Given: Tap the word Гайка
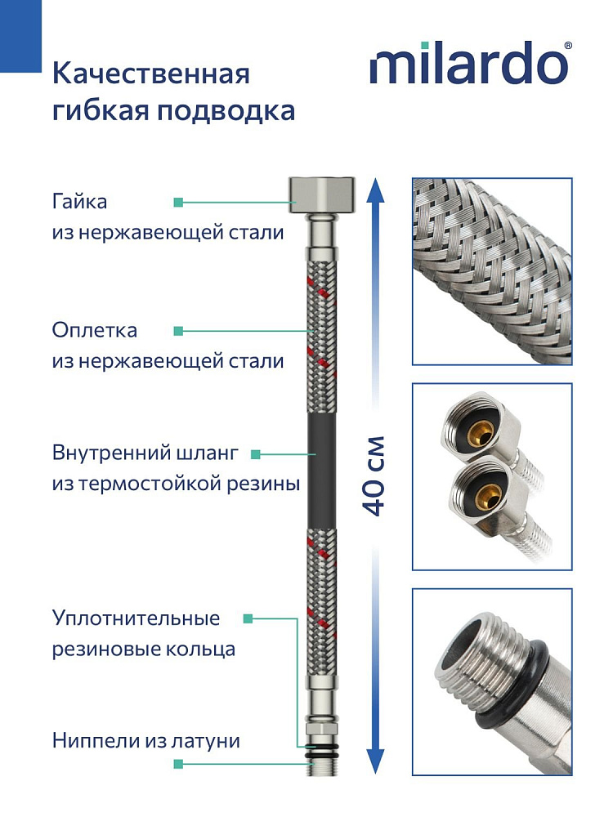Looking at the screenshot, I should tap(79, 201).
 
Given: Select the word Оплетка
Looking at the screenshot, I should tap(94, 331).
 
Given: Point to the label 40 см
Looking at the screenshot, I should tap(374, 478).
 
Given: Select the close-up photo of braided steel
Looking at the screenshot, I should tap(491, 271).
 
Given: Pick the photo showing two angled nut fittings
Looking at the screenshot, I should tap(491, 476).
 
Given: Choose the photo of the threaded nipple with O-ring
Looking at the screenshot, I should tap(491, 681).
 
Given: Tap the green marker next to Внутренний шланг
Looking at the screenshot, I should tap(256, 453).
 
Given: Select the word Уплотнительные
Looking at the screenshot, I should tap(136, 618).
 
